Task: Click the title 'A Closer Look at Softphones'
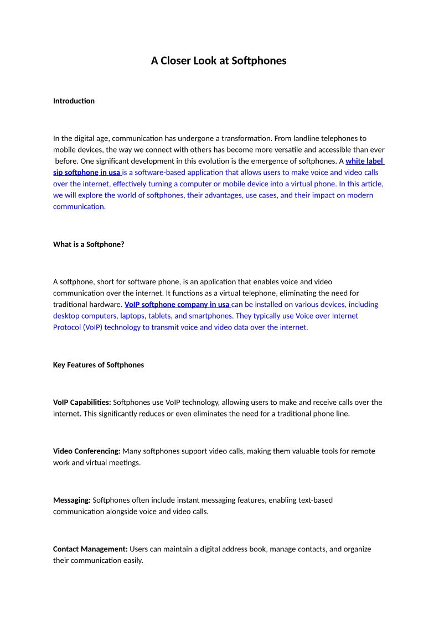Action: tap(219, 61)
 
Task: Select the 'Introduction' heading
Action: tap(74, 101)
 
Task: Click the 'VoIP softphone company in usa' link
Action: tap(177, 304)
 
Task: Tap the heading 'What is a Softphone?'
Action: tap(89, 244)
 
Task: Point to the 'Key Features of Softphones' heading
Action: tap(99, 365)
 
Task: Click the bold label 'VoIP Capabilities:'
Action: tap(82, 402)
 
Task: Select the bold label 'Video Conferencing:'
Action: tap(87, 451)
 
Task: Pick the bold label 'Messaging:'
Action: tap(72, 500)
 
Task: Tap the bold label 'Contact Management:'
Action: tap(90, 549)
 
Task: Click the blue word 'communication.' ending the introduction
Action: tap(79, 207)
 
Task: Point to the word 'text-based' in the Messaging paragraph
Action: tap(314, 500)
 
